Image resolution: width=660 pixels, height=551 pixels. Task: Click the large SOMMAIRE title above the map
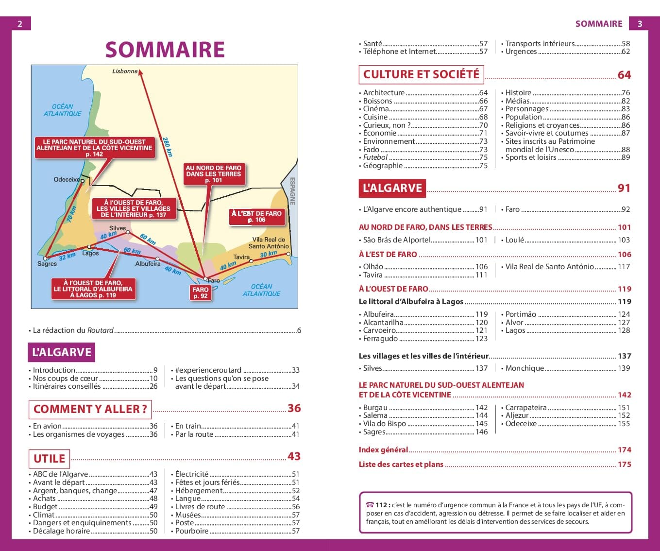[165, 50]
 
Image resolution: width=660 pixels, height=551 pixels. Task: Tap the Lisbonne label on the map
[125, 71]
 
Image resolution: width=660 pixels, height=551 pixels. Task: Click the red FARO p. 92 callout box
[200, 293]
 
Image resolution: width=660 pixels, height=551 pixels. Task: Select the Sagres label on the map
[47, 264]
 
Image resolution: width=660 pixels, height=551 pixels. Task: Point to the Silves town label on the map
[118, 228]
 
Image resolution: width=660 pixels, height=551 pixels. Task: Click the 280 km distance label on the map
[167, 146]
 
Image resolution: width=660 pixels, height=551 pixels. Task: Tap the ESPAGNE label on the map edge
[292, 191]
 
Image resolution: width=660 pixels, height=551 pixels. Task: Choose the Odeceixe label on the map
[67, 180]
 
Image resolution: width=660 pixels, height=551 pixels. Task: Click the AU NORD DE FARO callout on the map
[213, 174]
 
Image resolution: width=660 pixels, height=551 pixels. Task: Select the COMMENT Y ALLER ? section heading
[90, 409]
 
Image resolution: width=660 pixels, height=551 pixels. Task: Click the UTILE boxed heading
[49, 458]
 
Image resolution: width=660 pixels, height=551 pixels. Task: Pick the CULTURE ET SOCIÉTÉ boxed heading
[421, 74]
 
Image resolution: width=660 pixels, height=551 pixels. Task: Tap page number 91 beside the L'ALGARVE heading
[624, 188]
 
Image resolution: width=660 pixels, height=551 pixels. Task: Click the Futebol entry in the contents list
[375, 157]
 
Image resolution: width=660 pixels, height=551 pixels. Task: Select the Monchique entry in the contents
[525, 368]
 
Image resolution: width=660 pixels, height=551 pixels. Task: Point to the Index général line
[383, 450]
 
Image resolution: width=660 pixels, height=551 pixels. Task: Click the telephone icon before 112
[370, 505]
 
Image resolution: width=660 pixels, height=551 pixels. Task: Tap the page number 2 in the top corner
[20, 24]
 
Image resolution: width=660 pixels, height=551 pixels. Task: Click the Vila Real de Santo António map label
[269, 243]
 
